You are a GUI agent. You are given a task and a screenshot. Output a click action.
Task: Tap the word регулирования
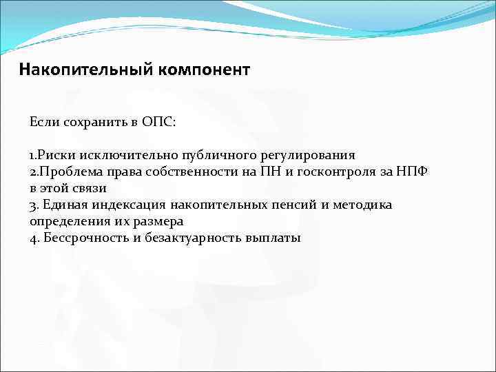click(307, 155)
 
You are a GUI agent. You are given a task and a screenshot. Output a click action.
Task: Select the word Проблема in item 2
click(68, 172)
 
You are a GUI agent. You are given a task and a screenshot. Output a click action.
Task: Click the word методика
click(366, 205)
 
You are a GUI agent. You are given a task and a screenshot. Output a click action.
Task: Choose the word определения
click(71, 222)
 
